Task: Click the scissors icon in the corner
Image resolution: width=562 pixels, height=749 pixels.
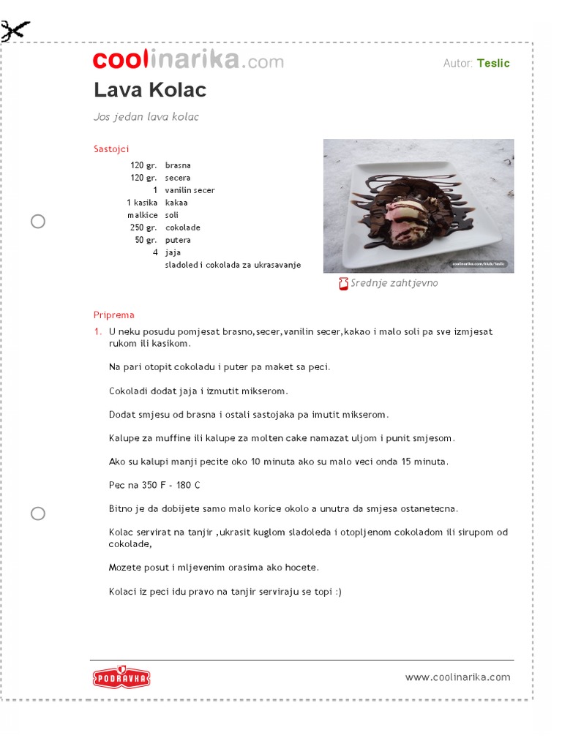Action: (x=15, y=31)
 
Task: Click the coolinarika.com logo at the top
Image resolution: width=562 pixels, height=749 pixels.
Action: (x=188, y=61)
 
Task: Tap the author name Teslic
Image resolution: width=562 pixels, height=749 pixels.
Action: (x=493, y=63)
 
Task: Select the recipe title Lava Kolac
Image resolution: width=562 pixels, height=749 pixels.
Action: (x=150, y=90)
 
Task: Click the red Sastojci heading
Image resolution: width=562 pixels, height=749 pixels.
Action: (x=111, y=149)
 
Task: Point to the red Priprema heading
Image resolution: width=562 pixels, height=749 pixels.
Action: (x=114, y=315)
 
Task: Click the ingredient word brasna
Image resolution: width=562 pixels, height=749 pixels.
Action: (x=178, y=165)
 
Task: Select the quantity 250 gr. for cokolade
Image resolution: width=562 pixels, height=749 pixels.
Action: (x=143, y=227)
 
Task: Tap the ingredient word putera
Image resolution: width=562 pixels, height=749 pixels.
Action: (x=178, y=240)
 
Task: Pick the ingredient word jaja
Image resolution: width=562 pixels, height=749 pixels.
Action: (x=173, y=252)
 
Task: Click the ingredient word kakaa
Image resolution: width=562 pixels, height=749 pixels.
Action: (x=176, y=203)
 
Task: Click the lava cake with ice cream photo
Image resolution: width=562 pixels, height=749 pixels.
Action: (x=419, y=206)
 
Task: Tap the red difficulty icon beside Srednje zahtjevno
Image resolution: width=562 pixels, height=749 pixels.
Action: (x=343, y=284)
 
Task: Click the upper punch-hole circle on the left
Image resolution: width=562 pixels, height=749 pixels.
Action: (x=38, y=222)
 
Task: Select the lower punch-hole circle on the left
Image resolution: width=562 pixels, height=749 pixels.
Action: (x=38, y=513)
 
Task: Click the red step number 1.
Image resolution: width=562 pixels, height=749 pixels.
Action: (x=97, y=331)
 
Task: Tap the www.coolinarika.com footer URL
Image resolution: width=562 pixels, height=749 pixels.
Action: (x=458, y=677)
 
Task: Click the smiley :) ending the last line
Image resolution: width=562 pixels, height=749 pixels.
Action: (x=337, y=592)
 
